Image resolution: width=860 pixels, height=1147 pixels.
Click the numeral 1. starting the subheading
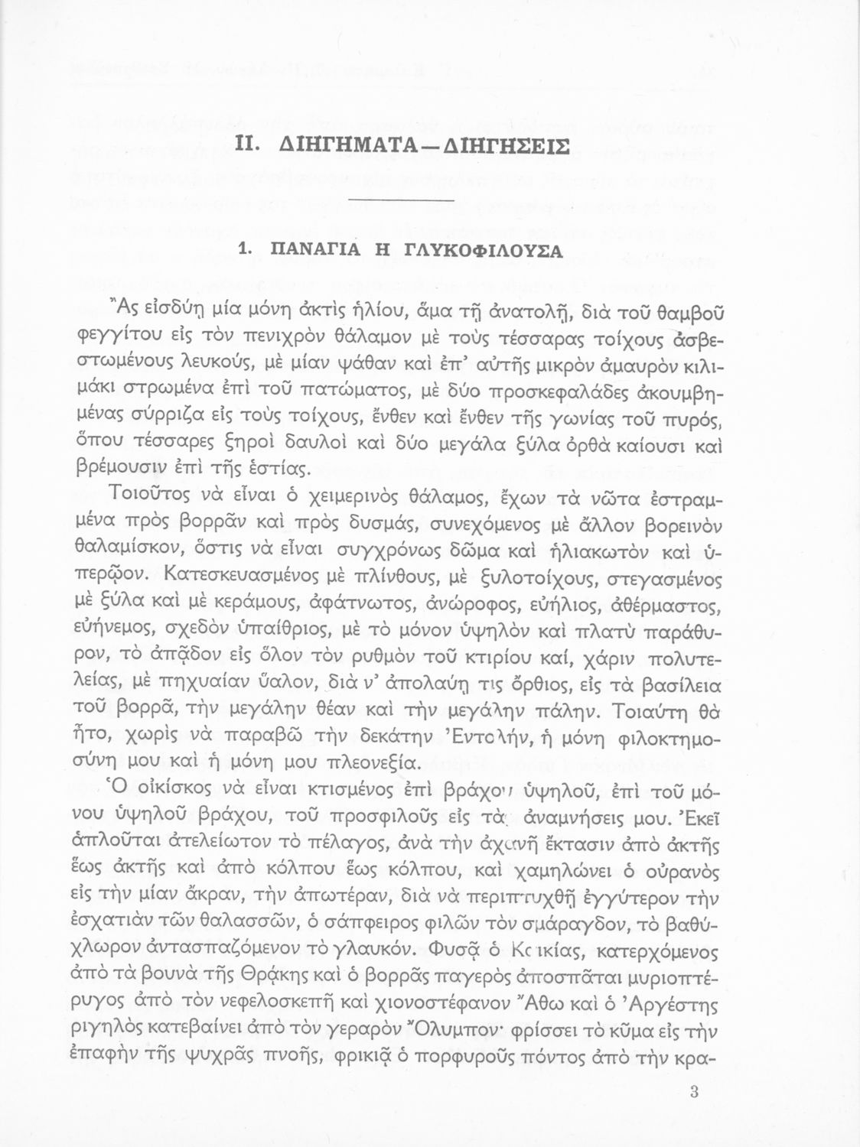click(246, 251)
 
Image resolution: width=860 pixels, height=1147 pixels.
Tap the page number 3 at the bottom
click(693, 1092)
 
